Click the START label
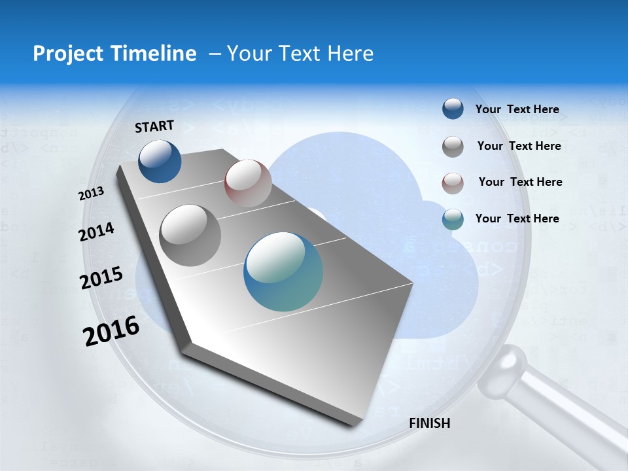pyautogui.click(x=154, y=126)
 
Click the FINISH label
pyautogui.click(x=430, y=423)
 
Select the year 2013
pyautogui.click(x=92, y=194)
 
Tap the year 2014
pyautogui.click(x=96, y=232)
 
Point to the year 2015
pyautogui.click(x=101, y=279)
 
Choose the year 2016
pyautogui.click(x=111, y=330)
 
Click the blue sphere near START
pyautogui.click(x=160, y=161)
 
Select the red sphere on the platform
pyautogui.click(x=248, y=183)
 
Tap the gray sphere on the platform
pyautogui.click(x=190, y=235)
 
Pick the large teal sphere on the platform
pyautogui.click(x=283, y=271)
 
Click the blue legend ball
pyautogui.click(x=453, y=109)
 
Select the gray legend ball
pyautogui.click(x=453, y=147)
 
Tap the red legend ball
pyautogui.click(x=453, y=183)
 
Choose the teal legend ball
pyautogui.click(x=453, y=219)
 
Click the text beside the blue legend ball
pyautogui.click(x=517, y=109)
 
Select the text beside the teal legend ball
pyautogui.click(x=517, y=218)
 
